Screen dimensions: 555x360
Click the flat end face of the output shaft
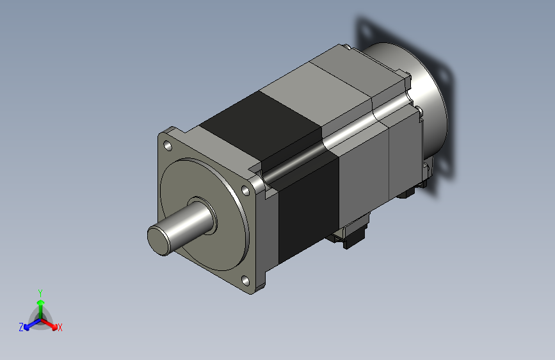click(159, 240)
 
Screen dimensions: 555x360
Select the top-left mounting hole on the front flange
click(168, 145)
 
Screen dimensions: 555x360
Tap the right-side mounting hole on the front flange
click(245, 190)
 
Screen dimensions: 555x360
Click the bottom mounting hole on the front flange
click(245, 281)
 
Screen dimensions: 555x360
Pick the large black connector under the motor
click(350, 232)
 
